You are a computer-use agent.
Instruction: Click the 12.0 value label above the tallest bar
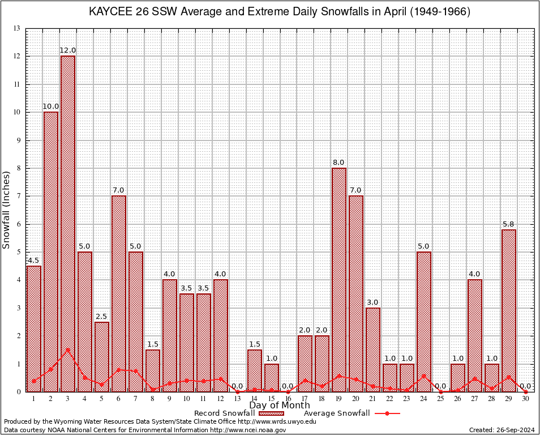pyautogui.click(x=68, y=50)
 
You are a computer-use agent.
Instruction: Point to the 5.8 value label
pyautogui.click(x=509, y=224)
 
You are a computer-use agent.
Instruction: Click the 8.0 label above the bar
pyautogui.click(x=339, y=163)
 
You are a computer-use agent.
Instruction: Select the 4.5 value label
pyautogui.click(x=34, y=261)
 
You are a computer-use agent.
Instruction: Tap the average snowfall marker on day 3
pyautogui.click(x=68, y=350)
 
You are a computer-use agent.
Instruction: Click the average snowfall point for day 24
pyautogui.click(x=424, y=376)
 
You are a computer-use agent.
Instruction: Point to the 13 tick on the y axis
pyautogui.click(x=16, y=28)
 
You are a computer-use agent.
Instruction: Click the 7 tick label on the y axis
pyautogui.click(x=18, y=196)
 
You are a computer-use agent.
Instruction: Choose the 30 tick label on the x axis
pyautogui.click(x=526, y=399)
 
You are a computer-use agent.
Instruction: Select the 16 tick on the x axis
pyautogui.click(x=288, y=399)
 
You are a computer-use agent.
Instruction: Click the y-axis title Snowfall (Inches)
pyautogui.click(x=7, y=210)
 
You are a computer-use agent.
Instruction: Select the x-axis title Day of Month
pyautogui.click(x=280, y=406)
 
